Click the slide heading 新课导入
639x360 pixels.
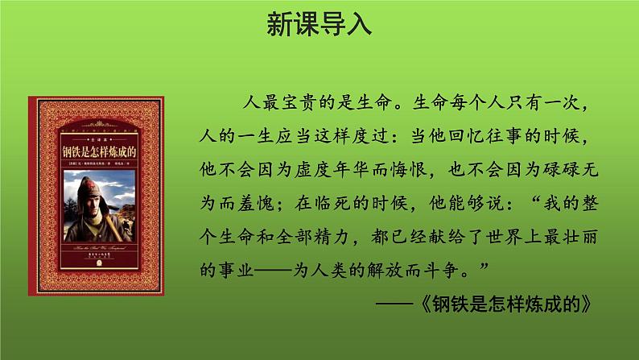[319, 23]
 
